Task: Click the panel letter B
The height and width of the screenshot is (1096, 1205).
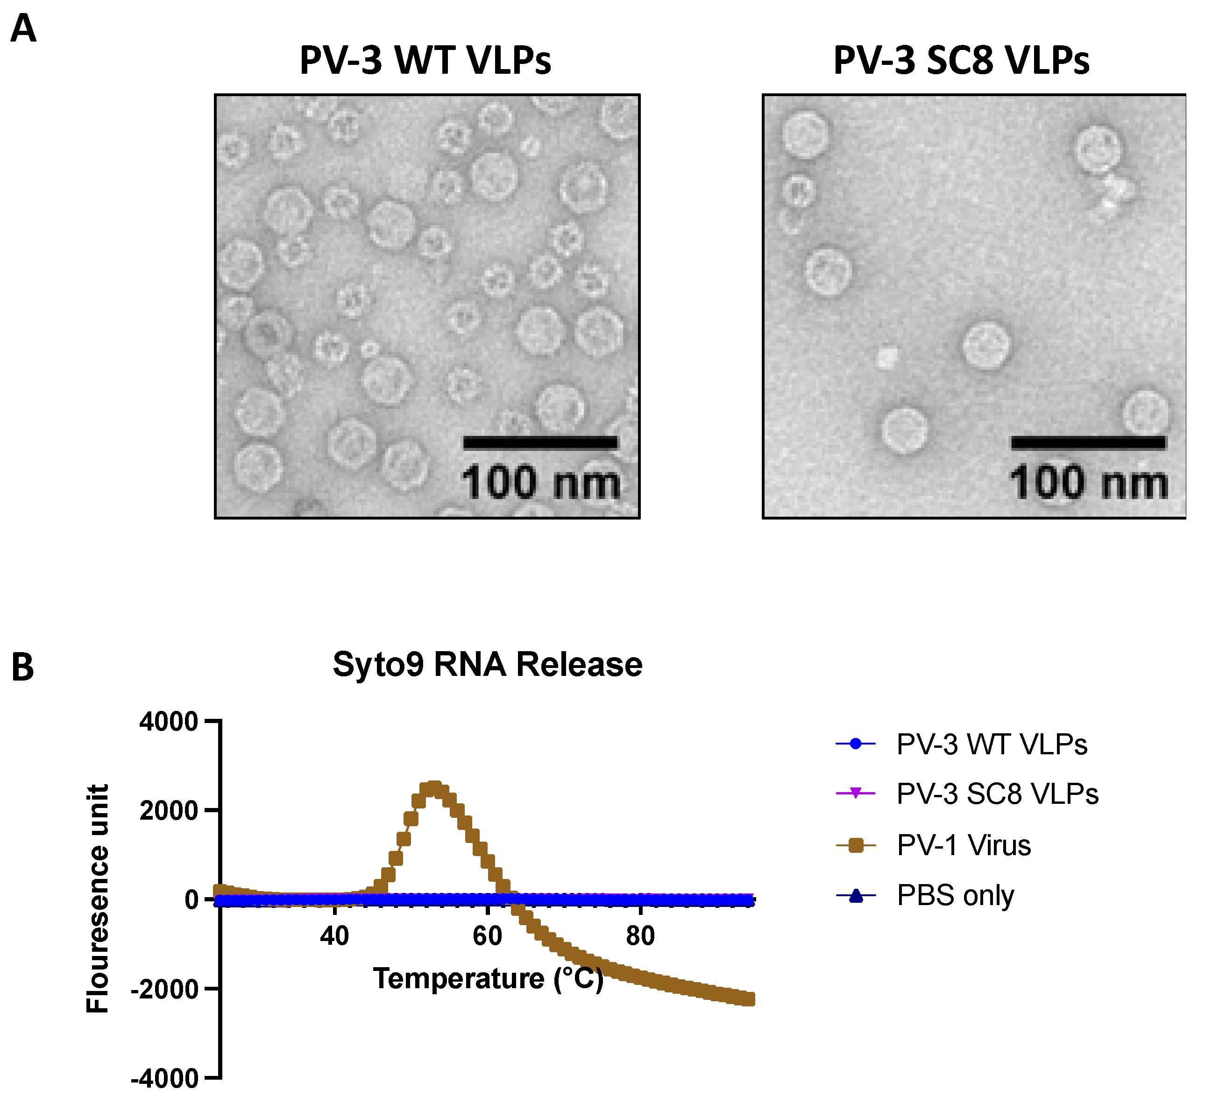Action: [23, 667]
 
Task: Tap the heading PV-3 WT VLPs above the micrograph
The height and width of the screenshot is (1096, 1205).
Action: [425, 60]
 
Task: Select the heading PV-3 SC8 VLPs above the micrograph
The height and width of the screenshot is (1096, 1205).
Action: [961, 60]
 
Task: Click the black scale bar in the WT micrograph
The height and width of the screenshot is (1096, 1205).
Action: [540, 443]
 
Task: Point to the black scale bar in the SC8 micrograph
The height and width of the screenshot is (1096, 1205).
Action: [1088, 443]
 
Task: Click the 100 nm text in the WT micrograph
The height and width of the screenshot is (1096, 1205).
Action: [540, 483]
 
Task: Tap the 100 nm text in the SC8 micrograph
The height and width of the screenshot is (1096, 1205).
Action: [1088, 483]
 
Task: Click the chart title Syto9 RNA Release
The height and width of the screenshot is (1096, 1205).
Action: [487, 664]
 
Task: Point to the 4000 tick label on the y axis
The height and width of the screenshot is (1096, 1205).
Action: [169, 722]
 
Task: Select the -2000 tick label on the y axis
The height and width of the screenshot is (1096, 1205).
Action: [164, 990]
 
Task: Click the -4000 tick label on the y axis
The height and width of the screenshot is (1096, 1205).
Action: [164, 1079]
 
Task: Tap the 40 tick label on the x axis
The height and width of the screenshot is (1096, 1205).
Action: [334, 936]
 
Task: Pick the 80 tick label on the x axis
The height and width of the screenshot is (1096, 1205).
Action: [640, 936]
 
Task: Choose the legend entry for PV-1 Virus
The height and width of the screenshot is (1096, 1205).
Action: [964, 846]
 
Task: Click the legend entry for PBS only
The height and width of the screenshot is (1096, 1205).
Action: [955, 895]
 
